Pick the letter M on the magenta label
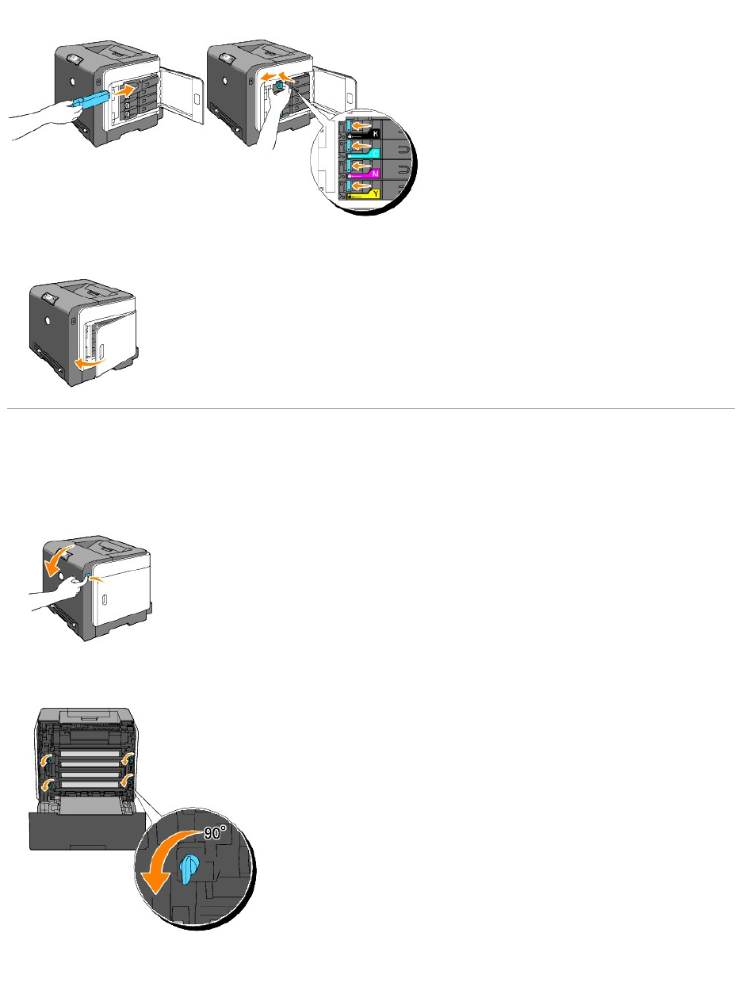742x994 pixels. click(x=375, y=170)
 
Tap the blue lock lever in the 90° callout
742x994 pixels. click(x=189, y=868)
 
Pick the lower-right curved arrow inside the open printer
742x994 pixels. click(x=124, y=782)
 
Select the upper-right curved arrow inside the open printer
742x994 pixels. click(x=126, y=760)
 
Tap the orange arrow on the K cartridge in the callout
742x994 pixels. click(x=362, y=125)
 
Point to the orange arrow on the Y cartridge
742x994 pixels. click(x=362, y=187)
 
